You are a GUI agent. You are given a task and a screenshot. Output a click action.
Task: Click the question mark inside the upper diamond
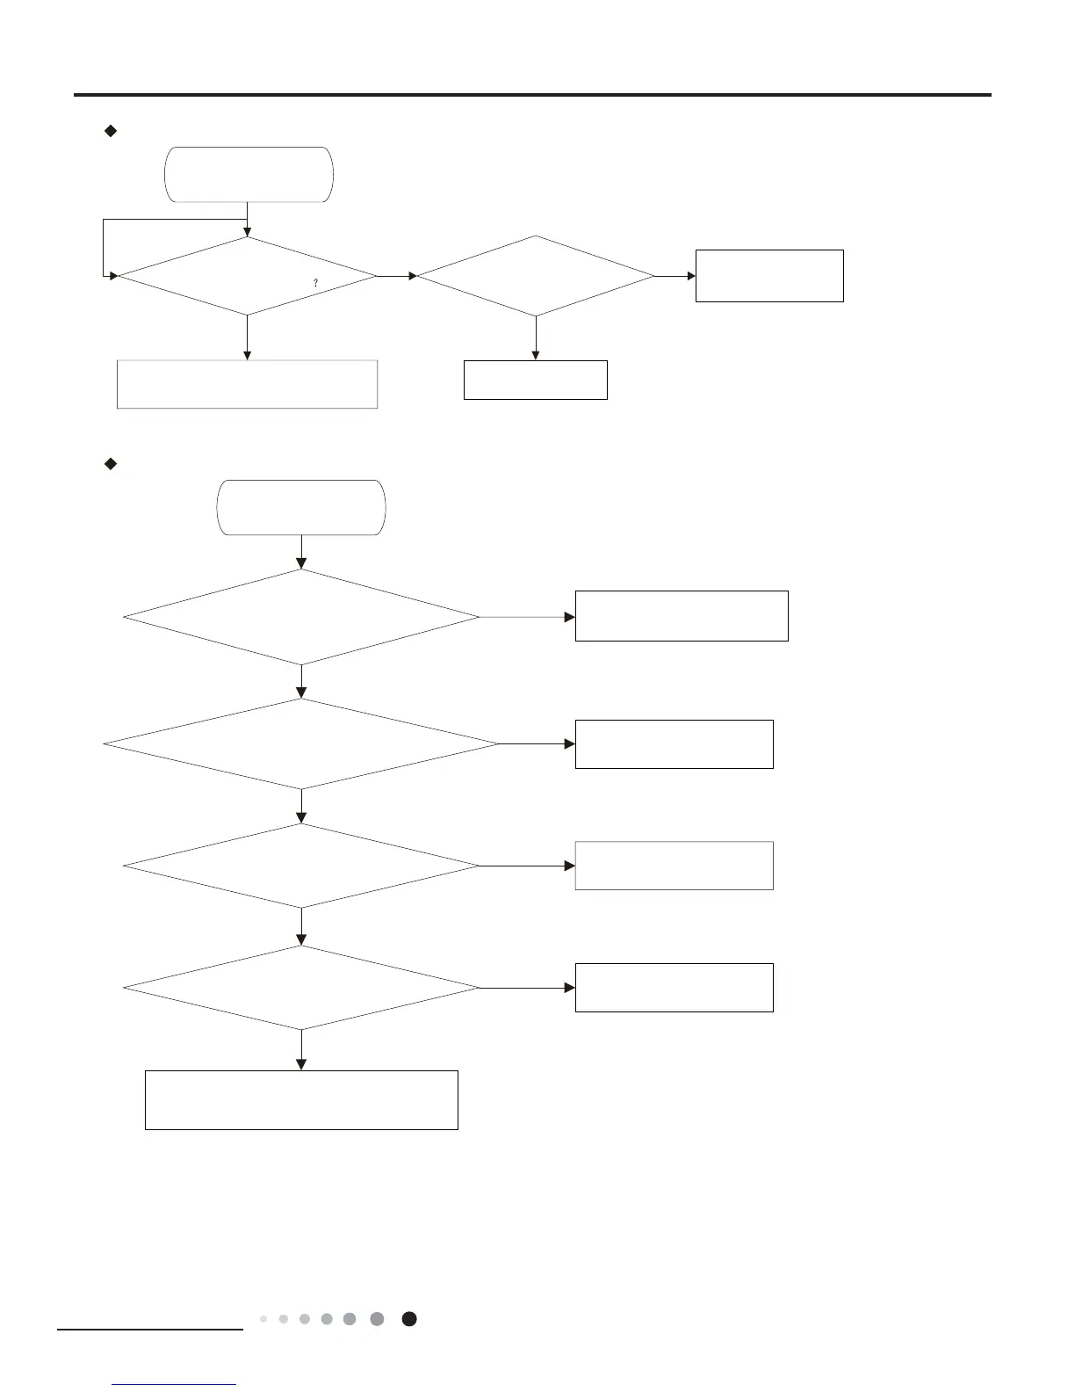pos(315,283)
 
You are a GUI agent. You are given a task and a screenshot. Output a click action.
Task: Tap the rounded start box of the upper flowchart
pos(249,175)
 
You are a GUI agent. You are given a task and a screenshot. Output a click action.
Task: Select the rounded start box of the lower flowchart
pos(300,507)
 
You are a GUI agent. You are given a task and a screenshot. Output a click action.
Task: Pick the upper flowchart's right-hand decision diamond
pos(535,276)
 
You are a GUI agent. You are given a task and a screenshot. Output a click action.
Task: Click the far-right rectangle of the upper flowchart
pos(769,276)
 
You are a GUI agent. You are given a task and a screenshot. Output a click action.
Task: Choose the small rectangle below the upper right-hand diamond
pos(535,380)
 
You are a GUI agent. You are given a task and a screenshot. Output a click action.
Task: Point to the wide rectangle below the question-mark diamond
pos(247,384)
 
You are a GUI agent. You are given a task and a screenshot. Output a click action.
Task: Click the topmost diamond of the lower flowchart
pos(301,617)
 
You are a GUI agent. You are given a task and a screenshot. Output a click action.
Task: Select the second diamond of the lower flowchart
pos(301,743)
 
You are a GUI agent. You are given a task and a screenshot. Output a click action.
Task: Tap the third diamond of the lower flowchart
pos(301,866)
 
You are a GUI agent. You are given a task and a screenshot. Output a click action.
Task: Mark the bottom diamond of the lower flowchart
pos(301,988)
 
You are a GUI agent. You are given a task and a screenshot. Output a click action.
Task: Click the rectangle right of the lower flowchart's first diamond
pos(682,616)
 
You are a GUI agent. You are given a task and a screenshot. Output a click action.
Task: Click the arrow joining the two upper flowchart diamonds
pos(396,276)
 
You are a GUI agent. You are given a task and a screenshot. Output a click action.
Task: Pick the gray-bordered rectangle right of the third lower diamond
pos(674,866)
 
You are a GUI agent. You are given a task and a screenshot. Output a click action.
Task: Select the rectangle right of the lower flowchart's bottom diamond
pos(674,988)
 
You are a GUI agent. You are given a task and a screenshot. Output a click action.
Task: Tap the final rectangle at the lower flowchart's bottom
pos(301,1099)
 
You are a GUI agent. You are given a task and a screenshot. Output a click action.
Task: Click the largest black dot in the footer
pos(409,1319)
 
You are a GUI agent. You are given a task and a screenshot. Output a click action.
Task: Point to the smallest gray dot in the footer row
pos(263,1319)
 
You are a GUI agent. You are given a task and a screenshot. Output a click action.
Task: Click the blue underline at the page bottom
pos(175,1385)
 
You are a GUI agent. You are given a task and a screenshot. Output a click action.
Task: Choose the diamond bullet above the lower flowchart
pos(111,464)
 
